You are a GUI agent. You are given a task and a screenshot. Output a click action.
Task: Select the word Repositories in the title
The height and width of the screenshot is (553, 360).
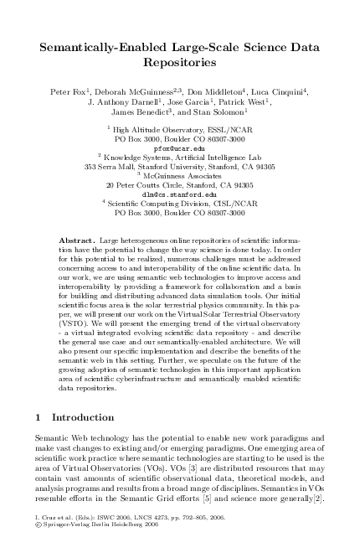tap(179, 63)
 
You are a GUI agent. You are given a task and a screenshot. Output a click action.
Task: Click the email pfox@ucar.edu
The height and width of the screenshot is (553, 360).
tap(179, 147)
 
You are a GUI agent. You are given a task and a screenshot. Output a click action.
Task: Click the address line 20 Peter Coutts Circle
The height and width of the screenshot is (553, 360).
tap(179, 184)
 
